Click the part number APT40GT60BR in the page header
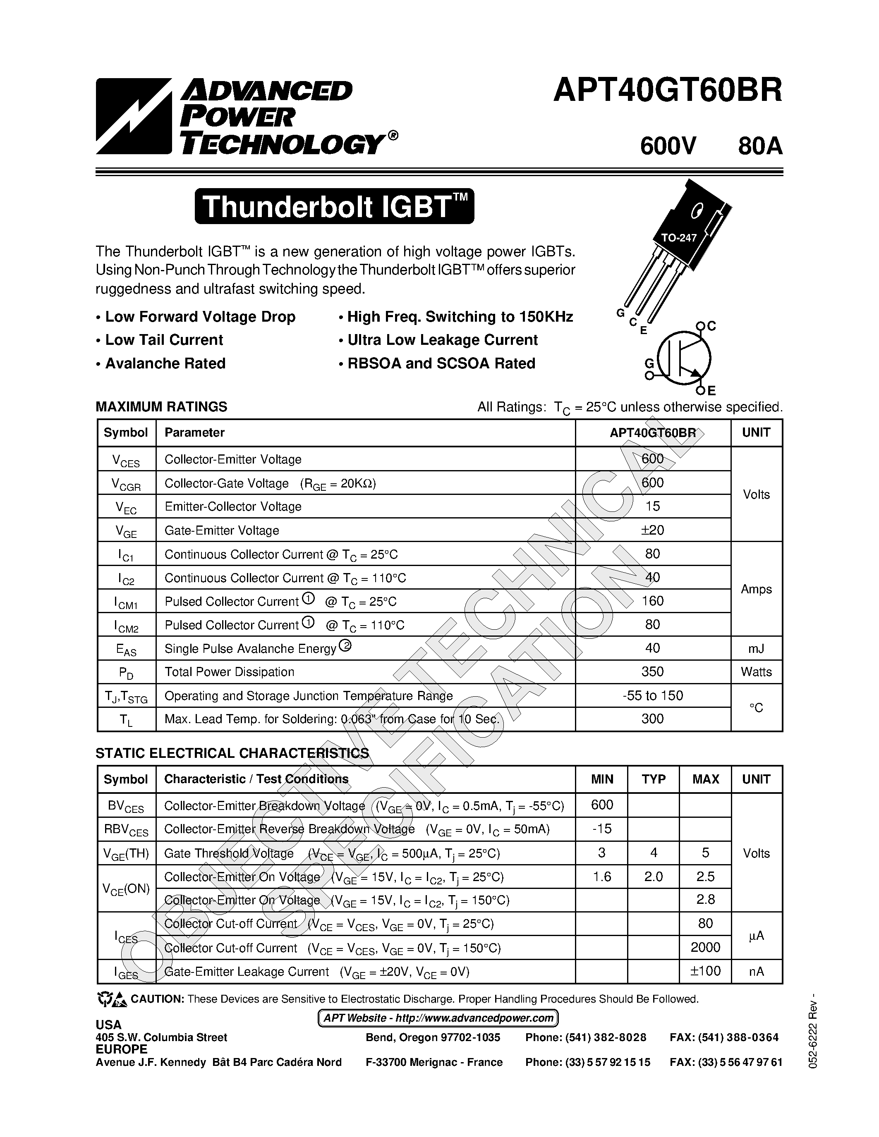(667, 91)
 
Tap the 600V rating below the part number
(668, 146)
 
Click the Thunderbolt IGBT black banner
(334, 207)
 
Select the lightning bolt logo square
(133, 116)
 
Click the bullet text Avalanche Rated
(165, 363)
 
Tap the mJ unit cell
(756, 648)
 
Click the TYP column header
(653, 779)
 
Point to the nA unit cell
(756, 972)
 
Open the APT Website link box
(438, 1018)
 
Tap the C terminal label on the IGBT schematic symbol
(711, 326)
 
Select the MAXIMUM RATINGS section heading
(161, 406)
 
